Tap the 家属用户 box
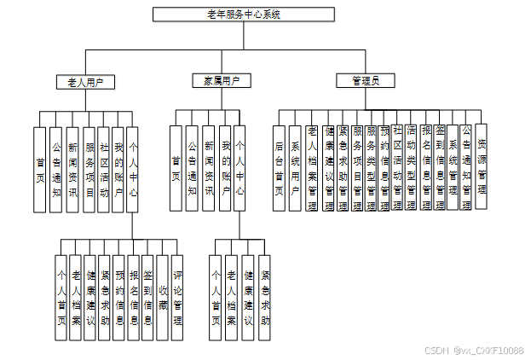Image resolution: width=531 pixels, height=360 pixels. coord(221,81)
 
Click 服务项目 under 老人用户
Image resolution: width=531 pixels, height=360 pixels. coord(90,169)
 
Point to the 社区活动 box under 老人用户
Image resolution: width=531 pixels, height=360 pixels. coord(104,169)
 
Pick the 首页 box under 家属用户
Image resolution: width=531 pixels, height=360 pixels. coord(176,169)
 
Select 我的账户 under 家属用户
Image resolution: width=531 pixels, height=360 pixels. coord(225,169)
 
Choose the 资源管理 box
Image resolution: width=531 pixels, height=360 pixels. coord(482,167)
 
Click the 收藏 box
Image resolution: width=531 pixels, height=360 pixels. coord(162,298)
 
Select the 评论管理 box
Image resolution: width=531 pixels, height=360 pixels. coord(177,298)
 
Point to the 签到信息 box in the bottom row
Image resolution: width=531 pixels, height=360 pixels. coord(147,298)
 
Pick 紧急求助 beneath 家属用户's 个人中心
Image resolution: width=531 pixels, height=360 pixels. coord(265,298)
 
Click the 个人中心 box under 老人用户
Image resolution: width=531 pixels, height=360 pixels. coord(132,169)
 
